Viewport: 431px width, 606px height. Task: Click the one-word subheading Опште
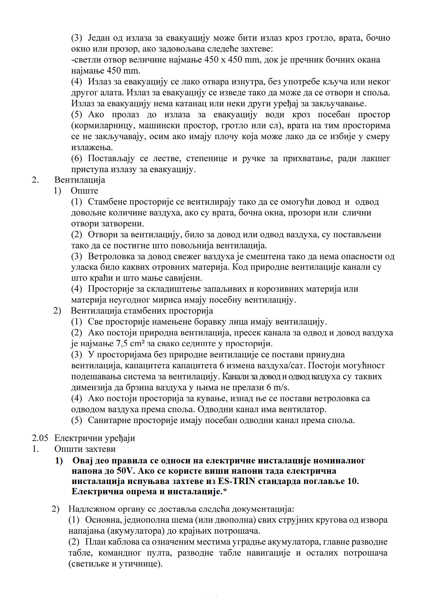pos(84,191)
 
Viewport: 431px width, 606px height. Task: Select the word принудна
pos(325,354)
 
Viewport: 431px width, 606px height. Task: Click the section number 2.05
pos(40,438)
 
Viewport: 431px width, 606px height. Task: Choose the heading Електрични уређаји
pos(95,438)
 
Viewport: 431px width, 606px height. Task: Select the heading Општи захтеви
pos(85,449)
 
